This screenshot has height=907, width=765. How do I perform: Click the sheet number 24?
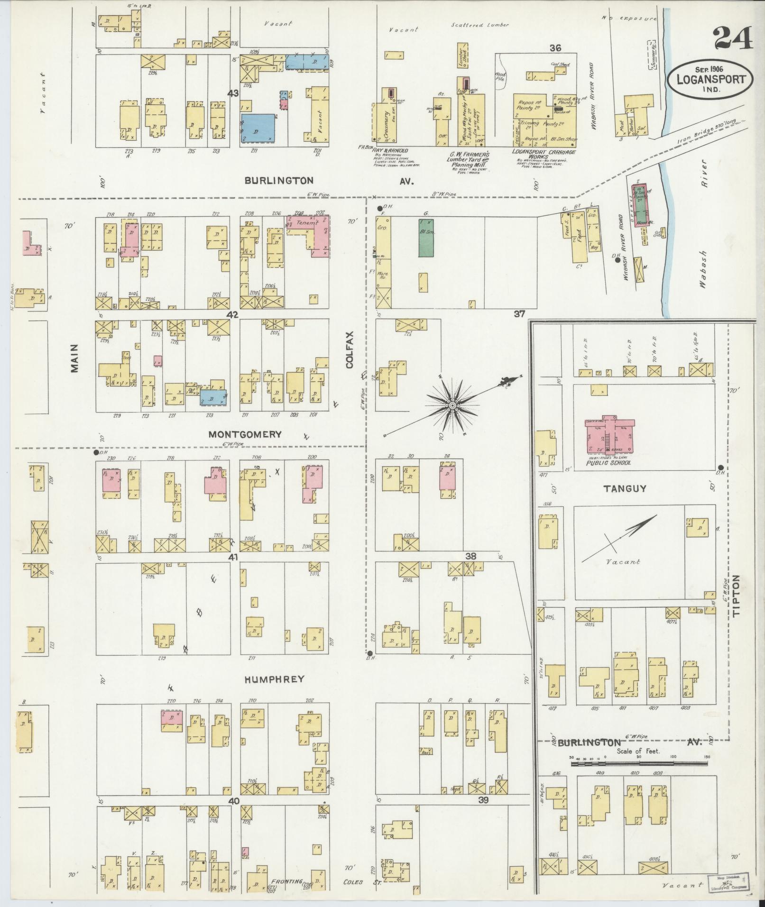click(x=732, y=39)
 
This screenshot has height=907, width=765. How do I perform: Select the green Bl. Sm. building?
click(x=426, y=237)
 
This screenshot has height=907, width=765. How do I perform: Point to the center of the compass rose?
click(x=452, y=406)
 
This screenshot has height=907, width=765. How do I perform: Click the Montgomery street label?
click(x=245, y=434)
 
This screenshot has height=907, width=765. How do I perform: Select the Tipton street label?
click(x=736, y=595)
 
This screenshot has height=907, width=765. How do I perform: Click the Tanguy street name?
click(x=625, y=488)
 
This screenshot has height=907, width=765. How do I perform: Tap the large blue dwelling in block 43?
click(x=258, y=127)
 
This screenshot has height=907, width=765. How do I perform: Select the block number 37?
click(x=520, y=313)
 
